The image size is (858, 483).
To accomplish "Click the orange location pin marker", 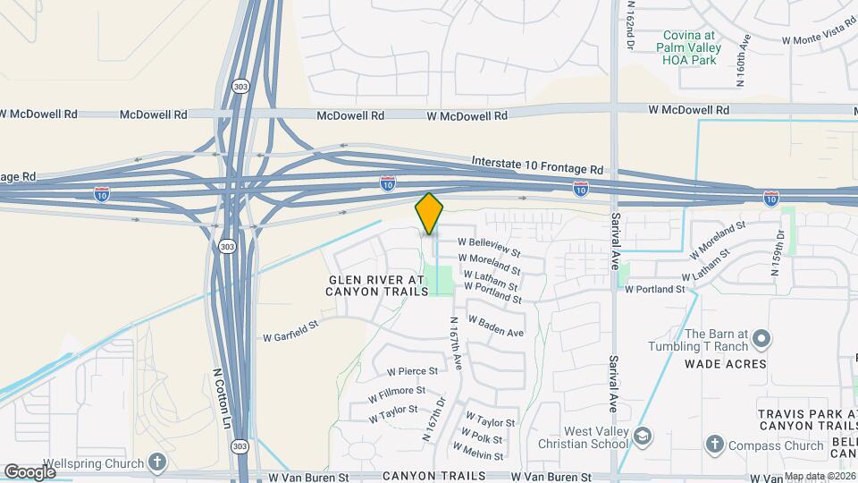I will (429, 213).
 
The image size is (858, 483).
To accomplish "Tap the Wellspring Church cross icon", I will (157, 462).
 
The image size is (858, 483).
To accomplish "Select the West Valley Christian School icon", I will (643, 437).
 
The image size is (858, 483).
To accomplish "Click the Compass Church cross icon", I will (714, 445).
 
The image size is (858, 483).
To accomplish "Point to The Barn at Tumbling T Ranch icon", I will (761, 339).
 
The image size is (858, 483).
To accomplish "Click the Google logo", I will (29, 471).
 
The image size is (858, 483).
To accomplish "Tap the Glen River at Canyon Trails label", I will (377, 285).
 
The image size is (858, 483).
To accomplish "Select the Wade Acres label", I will (725, 364).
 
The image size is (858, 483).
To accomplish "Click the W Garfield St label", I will (290, 337).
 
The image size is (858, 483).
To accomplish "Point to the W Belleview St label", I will (489, 241).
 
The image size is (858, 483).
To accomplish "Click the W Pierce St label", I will (412, 370).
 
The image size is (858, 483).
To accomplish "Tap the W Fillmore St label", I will (397, 391).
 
